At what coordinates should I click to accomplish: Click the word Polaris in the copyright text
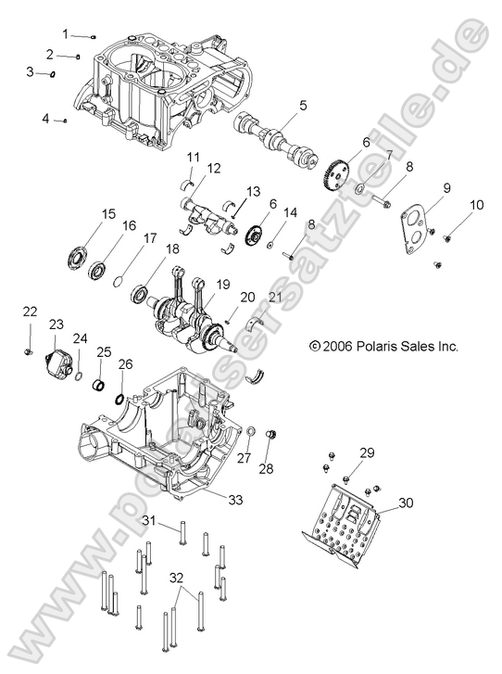pyautogui.click(x=359, y=347)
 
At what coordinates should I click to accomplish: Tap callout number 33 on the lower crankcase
pyautogui.click(x=235, y=500)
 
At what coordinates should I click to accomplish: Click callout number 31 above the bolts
pyautogui.click(x=148, y=522)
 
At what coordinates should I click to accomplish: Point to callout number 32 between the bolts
pyautogui.click(x=177, y=576)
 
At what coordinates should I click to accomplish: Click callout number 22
pyautogui.click(x=30, y=311)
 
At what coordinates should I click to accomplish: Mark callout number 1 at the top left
pyautogui.click(x=66, y=33)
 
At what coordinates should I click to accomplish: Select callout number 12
pyautogui.click(x=213, y=169)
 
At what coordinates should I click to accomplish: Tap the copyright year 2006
pyautogui.click(x=331, y=347)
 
